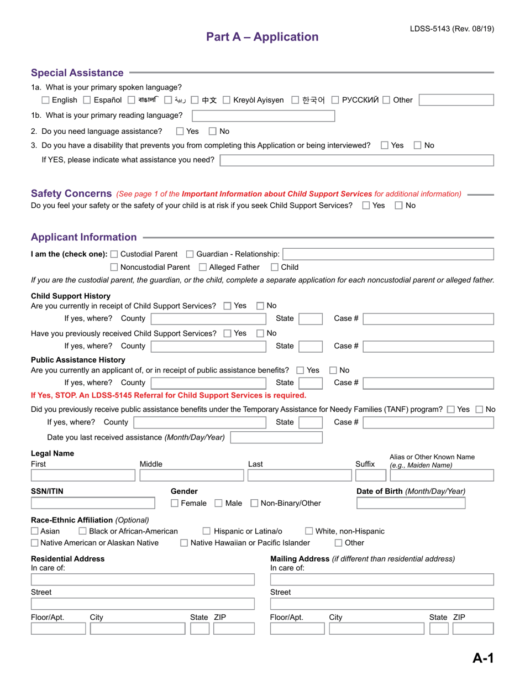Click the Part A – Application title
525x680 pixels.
point(262,36)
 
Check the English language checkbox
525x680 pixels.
point(46,100)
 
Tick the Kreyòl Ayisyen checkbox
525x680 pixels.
point(227,100)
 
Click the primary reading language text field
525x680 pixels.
point(263,116)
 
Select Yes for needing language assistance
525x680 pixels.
point(180,131)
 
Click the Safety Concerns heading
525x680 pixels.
point(71,193)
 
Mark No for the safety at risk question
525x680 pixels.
point(399,206)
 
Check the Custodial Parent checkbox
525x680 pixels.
point(114,254)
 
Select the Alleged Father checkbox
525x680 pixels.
point(203,268)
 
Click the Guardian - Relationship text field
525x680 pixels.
point(388,254)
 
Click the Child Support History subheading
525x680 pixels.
point(70,296)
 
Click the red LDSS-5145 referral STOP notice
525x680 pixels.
point(168,395)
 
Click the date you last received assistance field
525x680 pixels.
point(276,437)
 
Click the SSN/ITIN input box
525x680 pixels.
point(93,503)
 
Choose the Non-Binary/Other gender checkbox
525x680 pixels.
point(255,504)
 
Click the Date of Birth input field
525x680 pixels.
point(411,503)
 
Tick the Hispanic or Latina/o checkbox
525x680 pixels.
point(207,531)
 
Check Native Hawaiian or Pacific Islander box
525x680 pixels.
point(185,543)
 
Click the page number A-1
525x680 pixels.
point(482,658)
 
